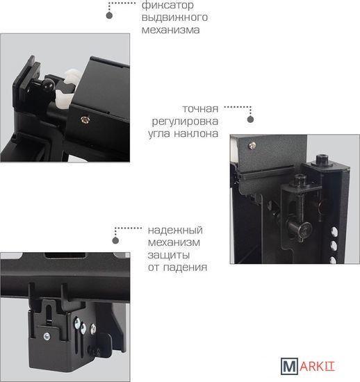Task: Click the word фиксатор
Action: (x=167, y=6)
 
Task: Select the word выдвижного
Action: (x=174, y=17)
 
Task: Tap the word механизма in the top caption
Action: (x=170, y=30)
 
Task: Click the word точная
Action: (x=200, y=109)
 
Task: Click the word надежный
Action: (x=175, y=230)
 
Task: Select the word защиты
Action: (x=169, y=256)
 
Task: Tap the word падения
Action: (x=185, y=267)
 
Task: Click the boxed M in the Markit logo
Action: (x=289, y=366)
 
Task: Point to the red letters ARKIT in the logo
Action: (x=317, y=366)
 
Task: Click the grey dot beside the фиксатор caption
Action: (x=109, y=15)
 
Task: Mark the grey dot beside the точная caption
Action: (x=250, y=119)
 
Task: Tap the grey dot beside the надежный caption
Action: (x=115, y=240)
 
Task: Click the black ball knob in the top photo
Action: (x=49, y=84)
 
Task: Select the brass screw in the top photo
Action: (x=85, y=119)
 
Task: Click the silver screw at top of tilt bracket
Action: (x=252, y=145)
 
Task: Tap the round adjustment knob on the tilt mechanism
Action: (x=305, y=229)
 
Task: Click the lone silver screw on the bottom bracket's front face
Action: (x=47, y=337)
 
